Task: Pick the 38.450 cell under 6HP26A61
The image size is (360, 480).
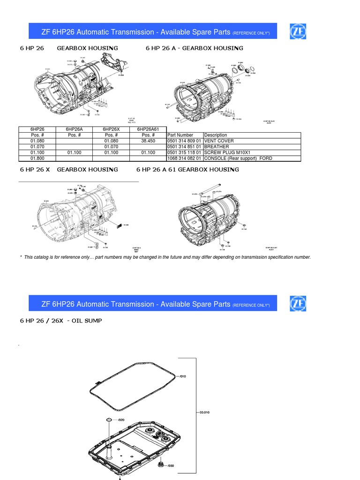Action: point(148,141)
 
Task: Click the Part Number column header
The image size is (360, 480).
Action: point(180,135)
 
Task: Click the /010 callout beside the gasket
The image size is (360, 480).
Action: point(182,376)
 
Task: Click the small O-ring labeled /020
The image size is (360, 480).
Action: point(108,420)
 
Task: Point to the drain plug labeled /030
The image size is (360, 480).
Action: point(162,465)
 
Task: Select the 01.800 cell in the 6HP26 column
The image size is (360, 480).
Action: point(37,158)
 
